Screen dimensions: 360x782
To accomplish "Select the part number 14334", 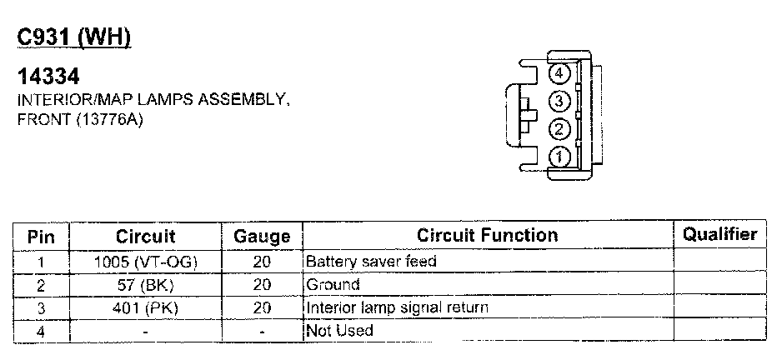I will tap(49, 77).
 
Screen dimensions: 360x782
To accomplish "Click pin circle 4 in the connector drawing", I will tap(559, 74).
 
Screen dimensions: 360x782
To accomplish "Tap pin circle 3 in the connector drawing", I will tap(559, 102).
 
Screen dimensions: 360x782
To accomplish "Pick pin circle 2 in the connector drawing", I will tap(559, 129).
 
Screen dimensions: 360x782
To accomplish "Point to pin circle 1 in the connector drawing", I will tap(559, 156).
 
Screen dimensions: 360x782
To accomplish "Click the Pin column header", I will tap(42, 236).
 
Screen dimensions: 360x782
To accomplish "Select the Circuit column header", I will tap(146, 236).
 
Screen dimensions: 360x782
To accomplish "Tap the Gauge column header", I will tap(262, 237).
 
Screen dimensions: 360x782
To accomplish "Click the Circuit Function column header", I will tap(488, 235).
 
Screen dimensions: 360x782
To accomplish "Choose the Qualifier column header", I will tap(719, 235).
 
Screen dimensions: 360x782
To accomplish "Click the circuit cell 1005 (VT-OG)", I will tap(146, 262).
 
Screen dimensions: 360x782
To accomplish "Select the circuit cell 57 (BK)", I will tap(146, 285).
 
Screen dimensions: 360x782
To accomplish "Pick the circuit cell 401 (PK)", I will tap(146, 307).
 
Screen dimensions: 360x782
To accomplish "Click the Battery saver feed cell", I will tap(372, 262).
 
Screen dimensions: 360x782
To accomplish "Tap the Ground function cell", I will tap(333, 285).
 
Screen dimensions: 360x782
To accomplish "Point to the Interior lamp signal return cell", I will tap(398, 307).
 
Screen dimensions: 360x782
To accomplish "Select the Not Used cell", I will tap(340, 331).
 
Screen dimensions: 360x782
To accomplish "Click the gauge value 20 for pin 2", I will tap(262, 285).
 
